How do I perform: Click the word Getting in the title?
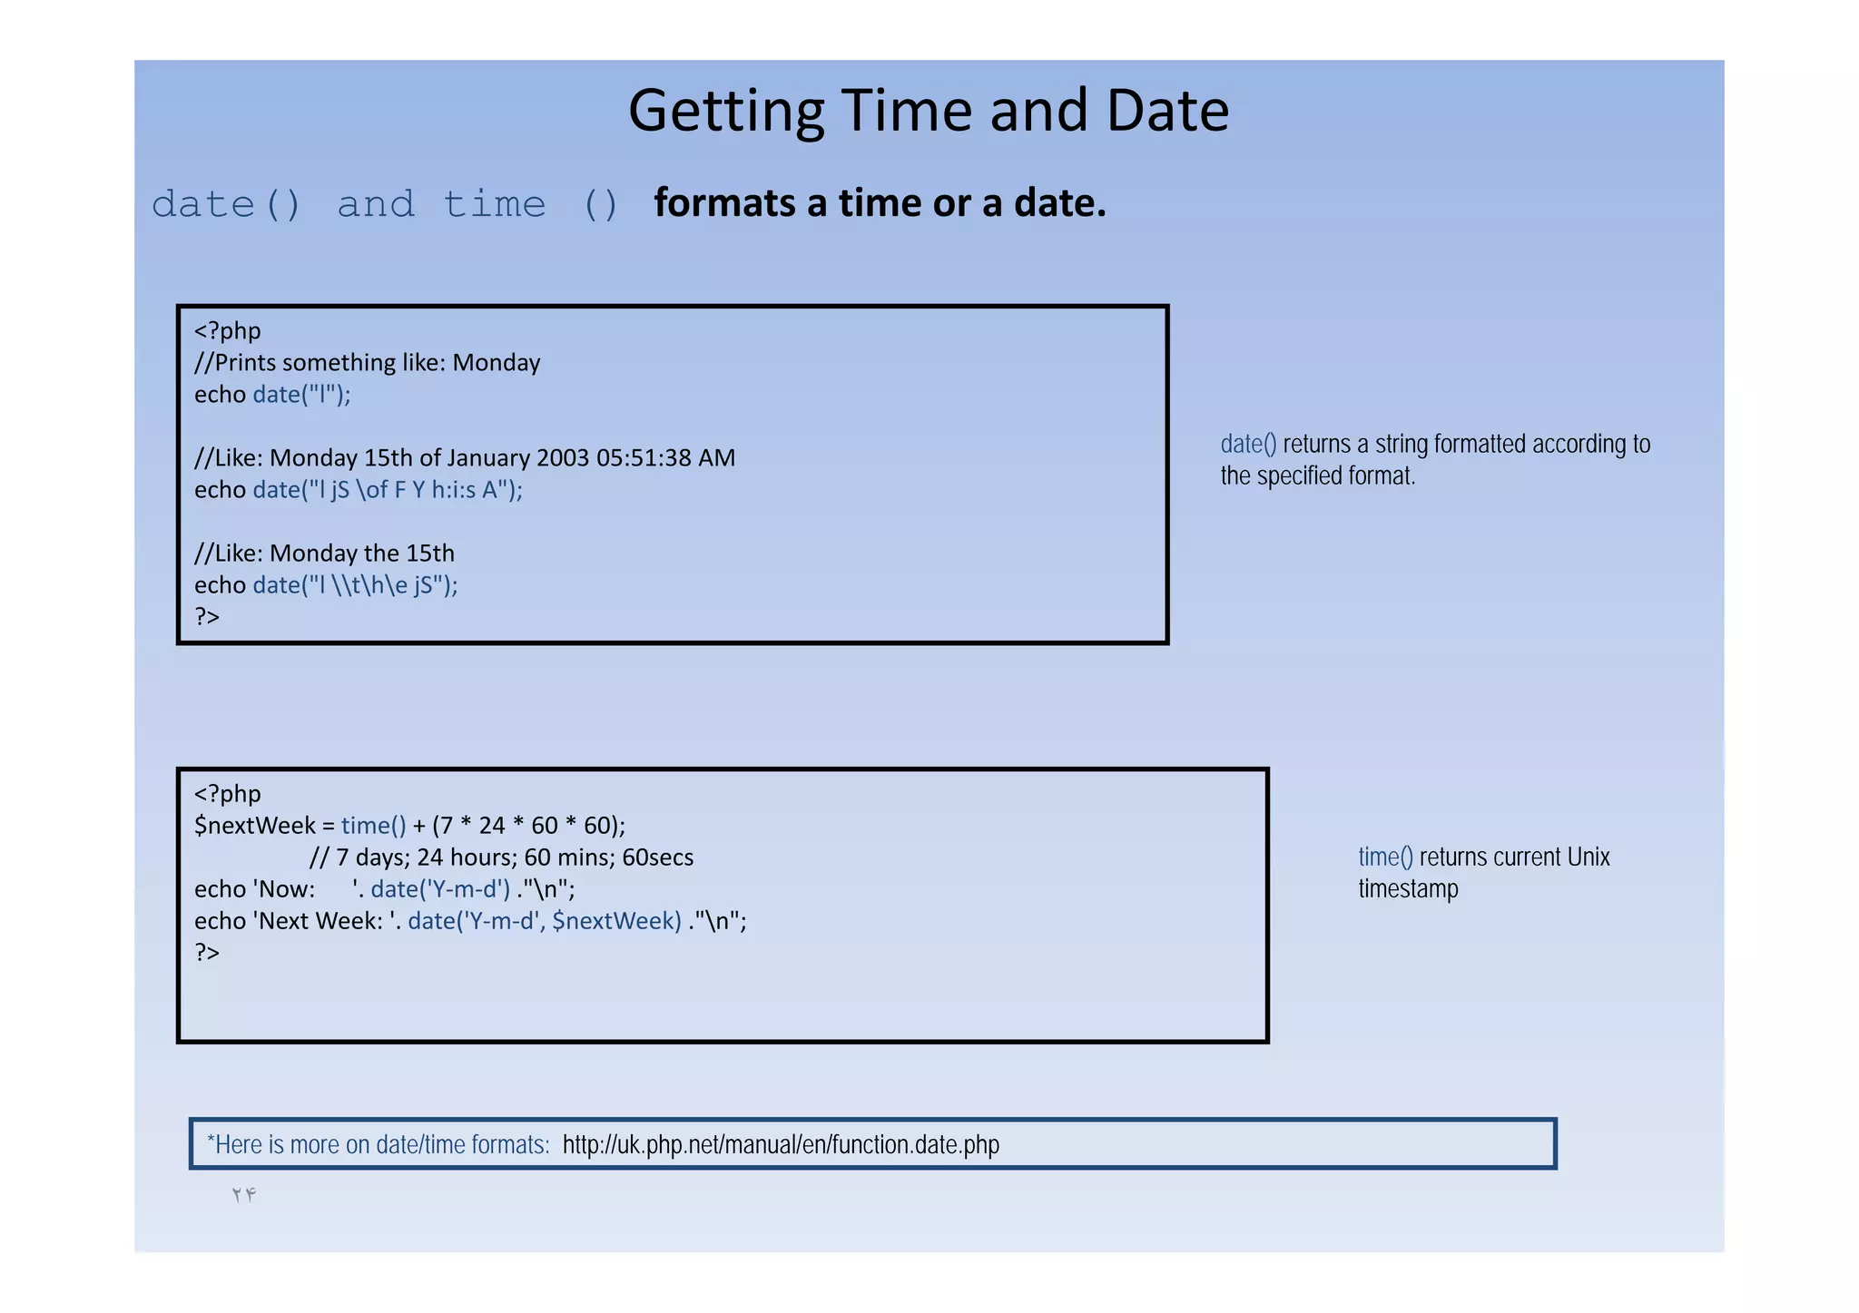pos(726,112)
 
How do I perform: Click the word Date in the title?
pos(1167,112)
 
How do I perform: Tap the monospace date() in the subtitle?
pos(226,204)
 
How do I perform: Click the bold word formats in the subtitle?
pos(723,203)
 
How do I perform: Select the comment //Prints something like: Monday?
pos(367,363)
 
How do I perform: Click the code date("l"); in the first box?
pos(301,395)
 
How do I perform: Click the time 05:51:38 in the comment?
pos(644,458)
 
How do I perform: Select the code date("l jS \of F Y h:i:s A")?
pos(388,490)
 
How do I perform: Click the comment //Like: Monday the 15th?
pos(324,554)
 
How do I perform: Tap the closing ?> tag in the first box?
pos(207,617)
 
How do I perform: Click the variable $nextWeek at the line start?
pos(254,826)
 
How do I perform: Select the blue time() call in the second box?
pos(373,826)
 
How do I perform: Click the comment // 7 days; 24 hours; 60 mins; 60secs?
pos(501,857)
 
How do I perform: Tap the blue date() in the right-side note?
pos(1248,445)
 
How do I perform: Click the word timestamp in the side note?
pos(1408,889)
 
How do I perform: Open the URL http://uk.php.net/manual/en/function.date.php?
pos(781,1145)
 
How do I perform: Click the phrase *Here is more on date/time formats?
pos(378,1145)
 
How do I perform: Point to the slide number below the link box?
pos(243,1195)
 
